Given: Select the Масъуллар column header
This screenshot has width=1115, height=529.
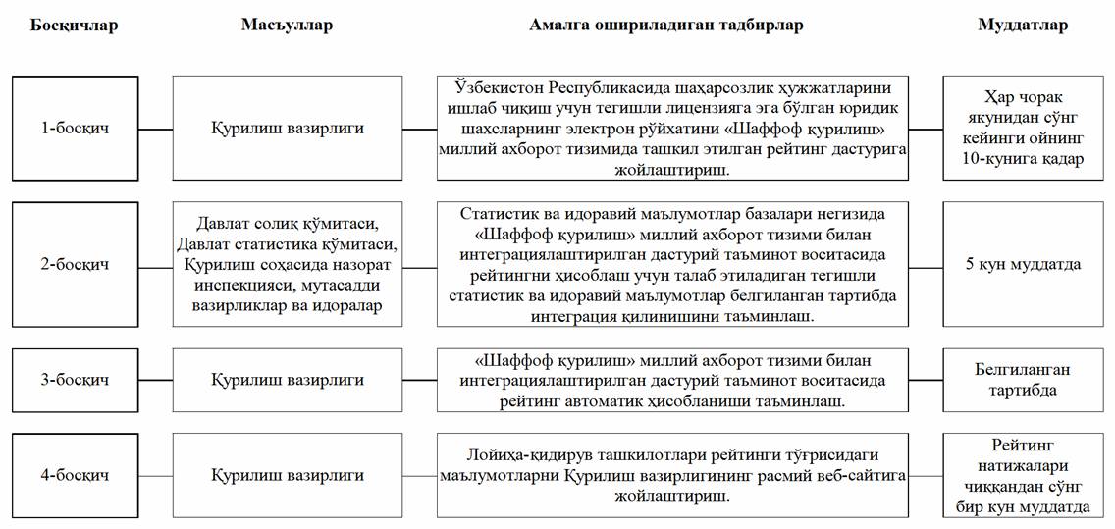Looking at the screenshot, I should click(287, 26).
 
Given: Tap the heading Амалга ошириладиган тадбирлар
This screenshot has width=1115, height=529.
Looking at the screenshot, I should click(667, 26).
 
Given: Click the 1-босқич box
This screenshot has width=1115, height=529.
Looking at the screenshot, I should click(76, 128).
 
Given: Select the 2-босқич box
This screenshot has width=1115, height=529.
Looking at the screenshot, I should click(76, 264).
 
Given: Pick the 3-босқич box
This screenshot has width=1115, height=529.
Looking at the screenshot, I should click(76, 380).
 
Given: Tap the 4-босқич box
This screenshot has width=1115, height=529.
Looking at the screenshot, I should click(76, 475).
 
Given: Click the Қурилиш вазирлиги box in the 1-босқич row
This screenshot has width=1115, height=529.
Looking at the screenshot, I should click(287, 128).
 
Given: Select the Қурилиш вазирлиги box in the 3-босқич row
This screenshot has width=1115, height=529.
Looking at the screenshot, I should click(287, 380).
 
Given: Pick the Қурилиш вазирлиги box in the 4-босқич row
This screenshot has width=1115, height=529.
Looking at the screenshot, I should click(287, 475).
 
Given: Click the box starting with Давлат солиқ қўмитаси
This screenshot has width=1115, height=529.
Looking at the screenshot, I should click(287, 264).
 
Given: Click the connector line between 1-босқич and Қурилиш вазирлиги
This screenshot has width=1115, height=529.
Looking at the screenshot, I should click(156, 128).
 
